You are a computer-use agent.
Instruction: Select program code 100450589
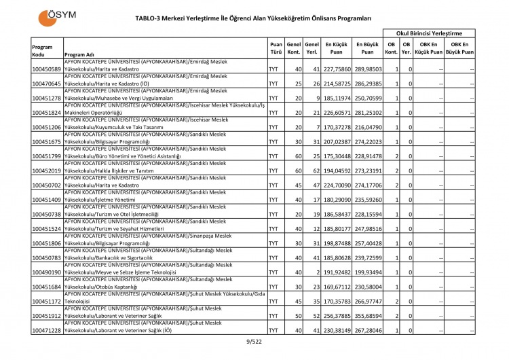(x=47, y=69)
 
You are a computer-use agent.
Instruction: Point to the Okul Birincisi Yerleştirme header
(x=429, y=33)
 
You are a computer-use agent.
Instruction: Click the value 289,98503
(x=367, y=69)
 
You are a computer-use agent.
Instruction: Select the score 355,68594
(x=367, y=316)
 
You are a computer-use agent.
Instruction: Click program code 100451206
(x=47, y=127)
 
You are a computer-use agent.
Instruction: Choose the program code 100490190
(x=47, y=272)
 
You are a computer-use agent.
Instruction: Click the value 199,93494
(x=367, y=272)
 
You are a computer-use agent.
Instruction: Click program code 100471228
(x=47, y=330)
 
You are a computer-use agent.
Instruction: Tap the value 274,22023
(x=367, y=141)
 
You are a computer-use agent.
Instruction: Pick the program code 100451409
(x=47, y=200)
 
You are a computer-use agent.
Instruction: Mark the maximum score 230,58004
(x=367, y=287)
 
